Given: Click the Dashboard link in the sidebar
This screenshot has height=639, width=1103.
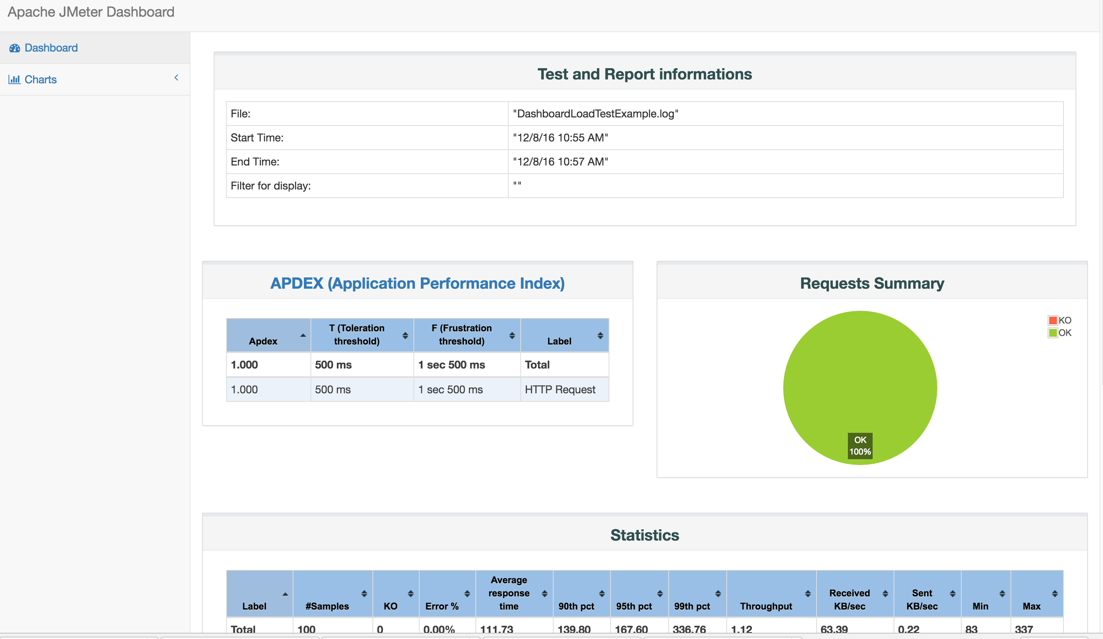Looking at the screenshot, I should tap(51, 48).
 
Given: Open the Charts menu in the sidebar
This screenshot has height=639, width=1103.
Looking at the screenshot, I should tap(40, 79).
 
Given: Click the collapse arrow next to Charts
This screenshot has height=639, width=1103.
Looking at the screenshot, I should tap(177, 78).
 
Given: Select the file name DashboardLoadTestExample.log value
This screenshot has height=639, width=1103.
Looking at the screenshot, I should tap(595, 114).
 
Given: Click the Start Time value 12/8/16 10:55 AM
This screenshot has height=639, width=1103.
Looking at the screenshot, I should tap(560, 138).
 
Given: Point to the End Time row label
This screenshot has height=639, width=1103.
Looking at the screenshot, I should tap(255, 162).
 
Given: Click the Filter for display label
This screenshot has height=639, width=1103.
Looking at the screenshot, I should tap(271, 186).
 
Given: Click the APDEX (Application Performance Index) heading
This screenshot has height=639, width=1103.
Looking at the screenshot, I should tap(417, 283).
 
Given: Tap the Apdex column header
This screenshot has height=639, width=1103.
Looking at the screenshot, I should tap(263, 341).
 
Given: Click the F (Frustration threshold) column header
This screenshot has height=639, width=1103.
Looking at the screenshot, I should tap(461, 334).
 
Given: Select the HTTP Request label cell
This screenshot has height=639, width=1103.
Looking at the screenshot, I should tap(560, 389).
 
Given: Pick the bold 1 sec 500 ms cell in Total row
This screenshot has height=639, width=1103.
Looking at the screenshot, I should tap(451, 364).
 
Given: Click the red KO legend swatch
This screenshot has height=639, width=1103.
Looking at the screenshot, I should tap(1053, 320).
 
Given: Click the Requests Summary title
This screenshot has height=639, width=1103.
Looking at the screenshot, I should tap(871, 283).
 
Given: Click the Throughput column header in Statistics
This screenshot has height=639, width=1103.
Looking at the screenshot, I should tap(765, 606).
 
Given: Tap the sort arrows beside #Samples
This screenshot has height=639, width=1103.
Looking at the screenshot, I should tap(364, 593).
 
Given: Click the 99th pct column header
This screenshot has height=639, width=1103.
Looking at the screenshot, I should tap(691, 606).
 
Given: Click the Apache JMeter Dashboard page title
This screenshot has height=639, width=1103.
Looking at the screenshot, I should tap(91, 12).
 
